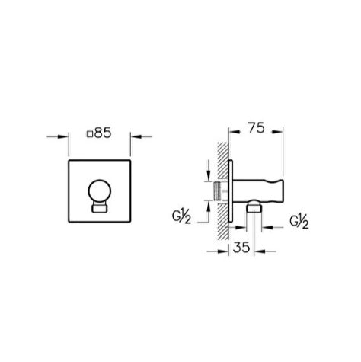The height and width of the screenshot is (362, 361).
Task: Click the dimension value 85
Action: click(x=103, y=133)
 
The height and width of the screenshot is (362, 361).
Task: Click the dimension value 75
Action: click(x=257, y=128)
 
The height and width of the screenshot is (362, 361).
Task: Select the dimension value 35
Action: click(x=241, y=247)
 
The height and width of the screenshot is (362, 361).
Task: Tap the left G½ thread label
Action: click(x=181, y=216)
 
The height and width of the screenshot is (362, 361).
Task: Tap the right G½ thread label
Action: click(x=299, y=222)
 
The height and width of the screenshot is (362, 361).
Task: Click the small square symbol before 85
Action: click(x=90, y=134)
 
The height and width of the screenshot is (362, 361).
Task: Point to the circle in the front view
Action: click(x=100, y=191)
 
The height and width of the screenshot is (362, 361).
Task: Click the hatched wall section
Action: click(x=223, y=191)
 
